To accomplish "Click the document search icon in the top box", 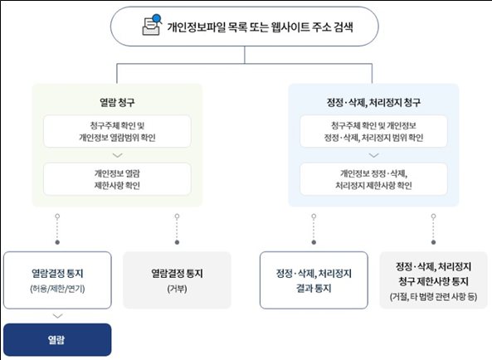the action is tap(152, 25).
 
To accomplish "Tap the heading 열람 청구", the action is tap(117, 102).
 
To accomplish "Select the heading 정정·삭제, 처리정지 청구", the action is tap(373, 102).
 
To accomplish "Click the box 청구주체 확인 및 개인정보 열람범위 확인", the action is tap(117, 131).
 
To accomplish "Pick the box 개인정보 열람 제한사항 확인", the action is tap(117, 179).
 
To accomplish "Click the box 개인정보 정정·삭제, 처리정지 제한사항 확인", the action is tap(373, 179).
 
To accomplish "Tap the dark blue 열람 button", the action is tap(57, 339).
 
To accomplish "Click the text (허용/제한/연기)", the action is tap(57, 289).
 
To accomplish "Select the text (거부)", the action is tap(177, 289).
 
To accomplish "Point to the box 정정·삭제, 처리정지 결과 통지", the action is tap(314, 280).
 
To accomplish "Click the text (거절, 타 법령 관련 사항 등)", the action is tap(433, 296).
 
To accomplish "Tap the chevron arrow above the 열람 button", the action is tap(57, 316).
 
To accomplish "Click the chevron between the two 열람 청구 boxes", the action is tap(117, 155).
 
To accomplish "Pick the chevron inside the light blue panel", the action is tap(373, 155).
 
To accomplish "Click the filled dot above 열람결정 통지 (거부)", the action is tap(177, 242).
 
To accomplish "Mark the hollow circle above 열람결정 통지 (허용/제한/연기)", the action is tap(57, 216).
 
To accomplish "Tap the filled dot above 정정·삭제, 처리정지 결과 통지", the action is tap(314, 242).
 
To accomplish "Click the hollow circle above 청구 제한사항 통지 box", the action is tap(433, 216).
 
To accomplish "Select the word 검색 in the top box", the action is tap(343, 27).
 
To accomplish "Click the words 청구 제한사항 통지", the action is tap(433, 281).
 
